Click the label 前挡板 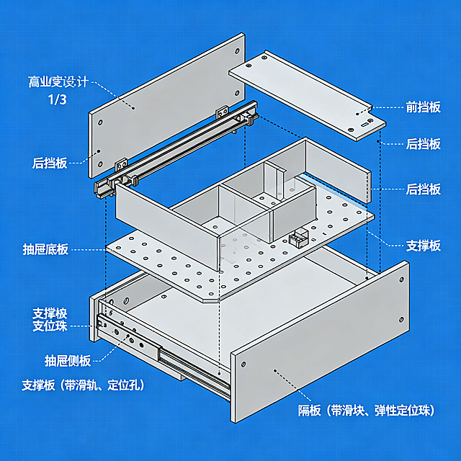[x=424, y=108]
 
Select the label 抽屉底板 [x=45, y=250]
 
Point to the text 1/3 [x=57, y=100]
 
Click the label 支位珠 [x=50, y=327]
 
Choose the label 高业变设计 [x=58, y=82]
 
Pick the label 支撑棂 [x=50, y=313]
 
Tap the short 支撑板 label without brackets [x=424, y=246]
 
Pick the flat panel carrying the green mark [x=303, y=90]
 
